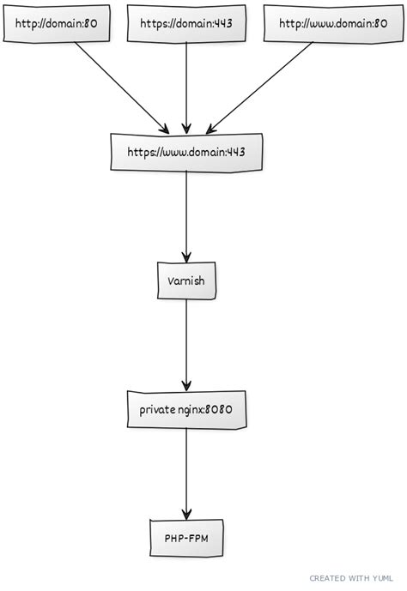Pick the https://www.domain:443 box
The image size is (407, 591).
(186, 153)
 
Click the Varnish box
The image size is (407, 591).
(186, 281)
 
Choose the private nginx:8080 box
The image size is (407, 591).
(186, 410)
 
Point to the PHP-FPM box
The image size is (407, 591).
(186, 538)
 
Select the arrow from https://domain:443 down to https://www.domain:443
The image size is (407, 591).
(186, 86)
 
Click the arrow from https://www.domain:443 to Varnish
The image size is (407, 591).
(186, 214)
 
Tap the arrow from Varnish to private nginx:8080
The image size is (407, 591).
(186, 343)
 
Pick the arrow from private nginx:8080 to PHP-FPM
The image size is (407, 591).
(186, 472)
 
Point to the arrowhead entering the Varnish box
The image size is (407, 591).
(186, 256)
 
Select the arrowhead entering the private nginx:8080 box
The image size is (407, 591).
(186, 385)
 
